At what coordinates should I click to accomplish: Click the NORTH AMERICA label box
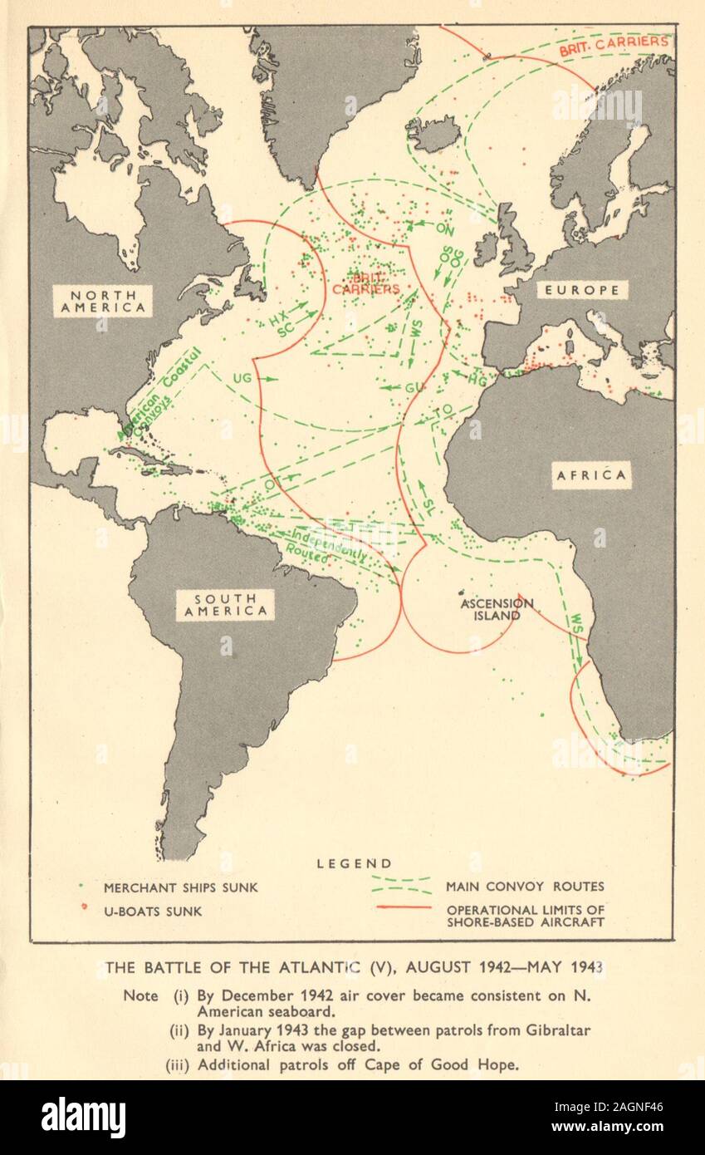click(102, 301)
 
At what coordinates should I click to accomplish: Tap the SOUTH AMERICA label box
click(224, 605)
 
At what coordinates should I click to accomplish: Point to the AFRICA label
click(591, 474)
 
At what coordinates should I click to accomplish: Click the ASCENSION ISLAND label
click(498, 609)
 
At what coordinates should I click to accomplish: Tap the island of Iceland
click(433, 133)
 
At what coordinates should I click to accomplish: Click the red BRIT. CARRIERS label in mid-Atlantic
click(366, 283)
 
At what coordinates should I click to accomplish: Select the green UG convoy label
click(242, 378)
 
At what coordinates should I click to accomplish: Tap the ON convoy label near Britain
click(445, 229)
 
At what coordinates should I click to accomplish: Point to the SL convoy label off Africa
click(427, 504)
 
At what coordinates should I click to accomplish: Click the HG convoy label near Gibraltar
click(477, 380)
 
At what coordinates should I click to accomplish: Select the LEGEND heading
click(355, 864)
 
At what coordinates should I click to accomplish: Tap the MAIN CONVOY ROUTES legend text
click(525, 887)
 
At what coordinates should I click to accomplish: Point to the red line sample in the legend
click(404, 907)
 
